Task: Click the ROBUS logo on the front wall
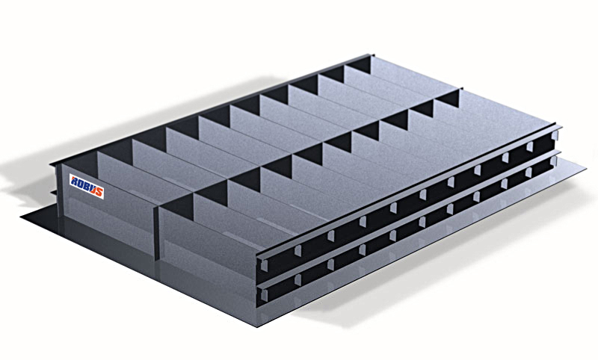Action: pos(87,186)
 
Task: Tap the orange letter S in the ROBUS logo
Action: pos(99,192)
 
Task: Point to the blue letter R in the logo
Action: pos(74,180)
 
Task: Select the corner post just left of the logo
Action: pos(58,190)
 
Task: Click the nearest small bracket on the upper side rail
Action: pos(298,249)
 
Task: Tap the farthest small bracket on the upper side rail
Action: pos(530,146)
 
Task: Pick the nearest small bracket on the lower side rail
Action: pos(298,280)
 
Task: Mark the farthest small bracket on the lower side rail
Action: pos(528,173)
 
